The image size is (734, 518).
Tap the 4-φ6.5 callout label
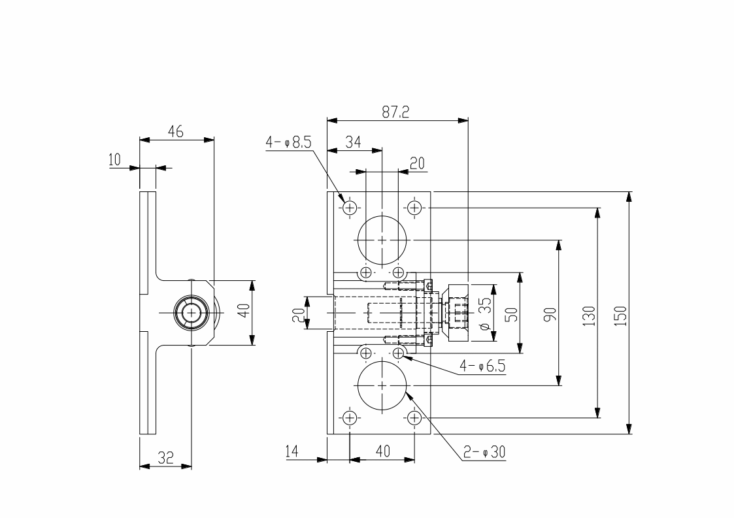[x=482, y=366]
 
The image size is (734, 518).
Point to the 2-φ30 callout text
[x=484, y=451]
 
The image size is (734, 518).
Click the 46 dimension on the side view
[x=175, y=131]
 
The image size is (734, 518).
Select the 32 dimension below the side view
[x=165, y=458]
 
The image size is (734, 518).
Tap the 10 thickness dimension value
[x=115, y=160]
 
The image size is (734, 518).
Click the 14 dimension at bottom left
[x=292, y=451]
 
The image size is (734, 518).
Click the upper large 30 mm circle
[x=382, y=240]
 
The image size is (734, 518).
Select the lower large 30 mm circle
[x=382, y=385]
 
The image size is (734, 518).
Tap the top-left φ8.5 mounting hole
[x=350, y=208]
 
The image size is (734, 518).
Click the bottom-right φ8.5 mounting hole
[x=414, y=417]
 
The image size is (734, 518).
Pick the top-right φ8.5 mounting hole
[x=414, y=208]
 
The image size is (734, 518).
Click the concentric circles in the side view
[x=191, y=313]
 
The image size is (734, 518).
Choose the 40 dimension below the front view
[x=382, y=451]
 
